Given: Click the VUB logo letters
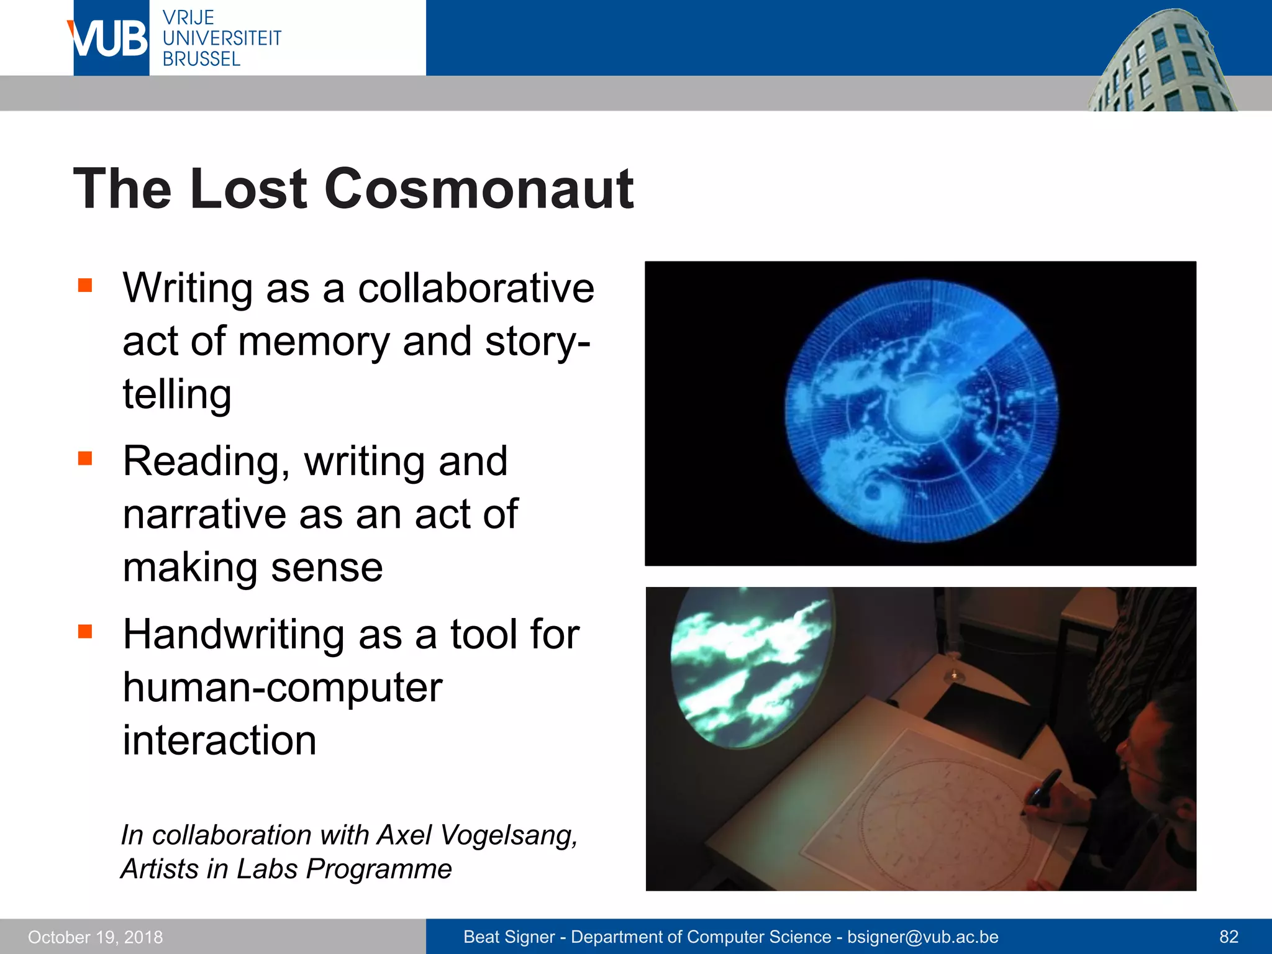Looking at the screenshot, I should [109, 39].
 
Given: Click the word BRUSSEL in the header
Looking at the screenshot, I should [201, 59].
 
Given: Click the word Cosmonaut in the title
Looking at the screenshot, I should [478, 189].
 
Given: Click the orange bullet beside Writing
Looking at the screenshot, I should [85, 285].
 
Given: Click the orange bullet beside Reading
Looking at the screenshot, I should [85, 458].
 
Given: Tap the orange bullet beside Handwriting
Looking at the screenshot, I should [85, 632].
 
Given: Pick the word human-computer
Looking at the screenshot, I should [283, 688].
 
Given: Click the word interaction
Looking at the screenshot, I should [219, 740].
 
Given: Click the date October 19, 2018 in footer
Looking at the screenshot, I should [95, 937].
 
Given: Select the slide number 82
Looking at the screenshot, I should [1229, 937].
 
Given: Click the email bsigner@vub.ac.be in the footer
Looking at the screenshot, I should [922, 937].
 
